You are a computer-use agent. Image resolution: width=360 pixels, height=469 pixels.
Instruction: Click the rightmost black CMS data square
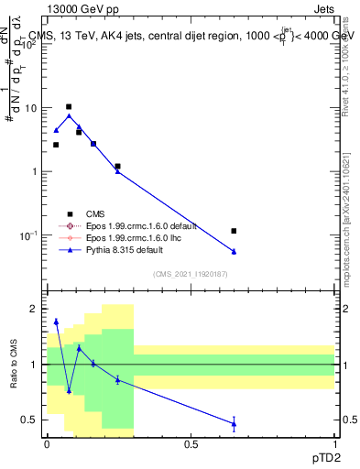click(235, 231)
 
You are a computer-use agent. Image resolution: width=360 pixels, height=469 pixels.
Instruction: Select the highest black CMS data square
click(69, 107)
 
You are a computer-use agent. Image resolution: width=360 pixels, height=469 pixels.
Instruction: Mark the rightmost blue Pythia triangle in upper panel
click(235, 251)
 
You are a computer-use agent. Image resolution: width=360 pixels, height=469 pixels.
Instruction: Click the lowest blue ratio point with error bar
click(235, 422)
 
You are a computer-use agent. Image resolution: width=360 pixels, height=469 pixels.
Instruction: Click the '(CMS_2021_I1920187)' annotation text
click(190, 273)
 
